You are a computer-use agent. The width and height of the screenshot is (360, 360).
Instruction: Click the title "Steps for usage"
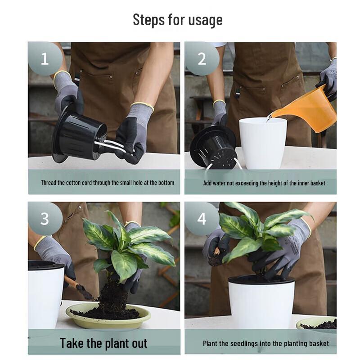pyautogui.click(x=178, y=20)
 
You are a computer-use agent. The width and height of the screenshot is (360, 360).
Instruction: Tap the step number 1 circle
pyautogui.click(x=45, y=58)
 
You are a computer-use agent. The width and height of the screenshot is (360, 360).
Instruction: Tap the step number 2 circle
pyautogui.click(x=201, y=58)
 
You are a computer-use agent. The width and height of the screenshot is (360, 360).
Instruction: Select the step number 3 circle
pyautogui.click(x=45, y=218)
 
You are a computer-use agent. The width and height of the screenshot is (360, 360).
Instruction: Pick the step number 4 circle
pyautogui.click(x=201, y=219)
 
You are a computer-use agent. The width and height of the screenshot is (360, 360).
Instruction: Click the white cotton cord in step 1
pyautogui.click(x=112, y=147)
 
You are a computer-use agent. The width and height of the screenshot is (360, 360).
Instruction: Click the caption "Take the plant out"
pyautogui.click(x=103, y=343)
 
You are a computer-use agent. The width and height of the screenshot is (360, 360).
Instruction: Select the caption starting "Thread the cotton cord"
pyautogui.click(x=107, y=183)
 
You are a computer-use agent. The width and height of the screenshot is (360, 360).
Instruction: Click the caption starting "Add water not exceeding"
pyautogui.click(x=264, y=183)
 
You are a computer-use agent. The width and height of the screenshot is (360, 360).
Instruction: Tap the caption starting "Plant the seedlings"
pyautogui.click(x=265, y=343)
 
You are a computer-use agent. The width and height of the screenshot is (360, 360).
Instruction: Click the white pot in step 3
pyautogui.click(x=45, y=297)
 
